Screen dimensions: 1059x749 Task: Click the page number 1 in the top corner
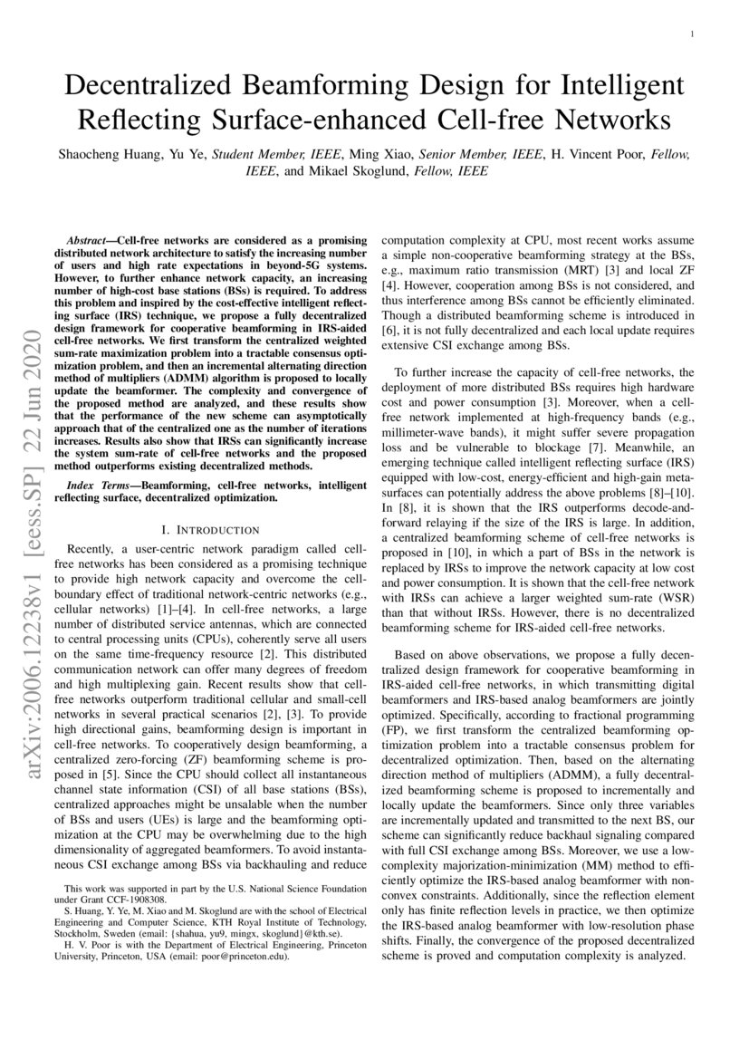click(692, 34)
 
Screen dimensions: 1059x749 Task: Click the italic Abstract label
click(99, 240)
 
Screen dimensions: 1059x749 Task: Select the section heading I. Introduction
click(210, 529)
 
